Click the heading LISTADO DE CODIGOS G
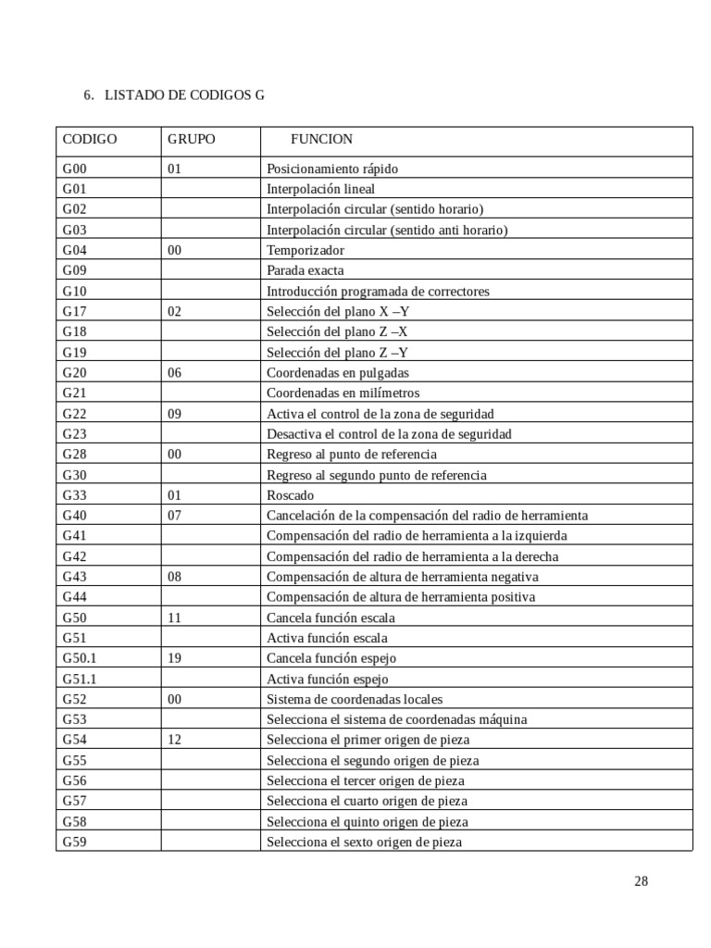[x=184, y=95]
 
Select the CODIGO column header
[x=90, y=140]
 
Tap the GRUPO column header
[x=192, y=140]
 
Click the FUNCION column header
[x=321, y=140]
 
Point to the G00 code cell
[x=74, y=168]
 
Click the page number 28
[x=641, y=880]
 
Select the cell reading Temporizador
[x=305, y=250]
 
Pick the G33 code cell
[x=74, y=495]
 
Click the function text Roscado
[x=290, y=495]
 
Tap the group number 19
[x=175, y=658]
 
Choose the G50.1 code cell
[x=80, y=658]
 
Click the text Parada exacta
[x=305, y=270]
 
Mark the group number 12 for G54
[x=175, y=740]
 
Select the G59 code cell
[x=74, y=842]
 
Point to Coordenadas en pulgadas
[x=337, y=372]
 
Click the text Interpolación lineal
[x=320, y=189]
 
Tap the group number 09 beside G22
[x=175, y=414]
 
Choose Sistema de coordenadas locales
[x=355, y=699]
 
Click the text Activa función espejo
[x=328, y=679]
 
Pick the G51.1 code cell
[x=80, y=679]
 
